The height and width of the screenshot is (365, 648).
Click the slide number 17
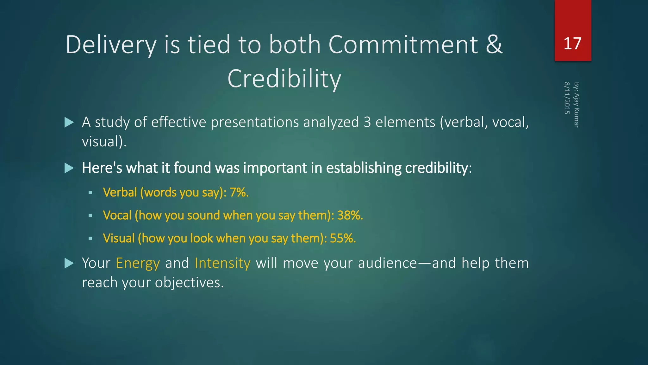[572, 43]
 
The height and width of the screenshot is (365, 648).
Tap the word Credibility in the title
[284, 79]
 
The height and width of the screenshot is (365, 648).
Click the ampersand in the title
[494, 44]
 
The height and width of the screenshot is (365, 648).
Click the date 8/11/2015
[567, 98]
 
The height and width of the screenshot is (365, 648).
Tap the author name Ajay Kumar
[576, 110]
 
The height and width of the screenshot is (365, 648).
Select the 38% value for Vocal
[350, 215]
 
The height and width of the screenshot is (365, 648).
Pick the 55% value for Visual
[343, 238]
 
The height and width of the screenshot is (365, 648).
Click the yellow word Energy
[138, 263]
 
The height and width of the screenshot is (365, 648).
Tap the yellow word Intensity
[222, 263]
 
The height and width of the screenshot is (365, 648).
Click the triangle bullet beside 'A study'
[69, 122]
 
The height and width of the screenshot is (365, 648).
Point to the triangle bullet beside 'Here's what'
[69, 168]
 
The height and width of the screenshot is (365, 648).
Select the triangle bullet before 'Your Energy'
[69, 263]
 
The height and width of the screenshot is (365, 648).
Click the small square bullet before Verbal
[90, 193]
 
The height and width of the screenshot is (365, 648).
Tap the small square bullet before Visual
[90, 238]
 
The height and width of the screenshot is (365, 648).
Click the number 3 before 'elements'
[367, 122]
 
